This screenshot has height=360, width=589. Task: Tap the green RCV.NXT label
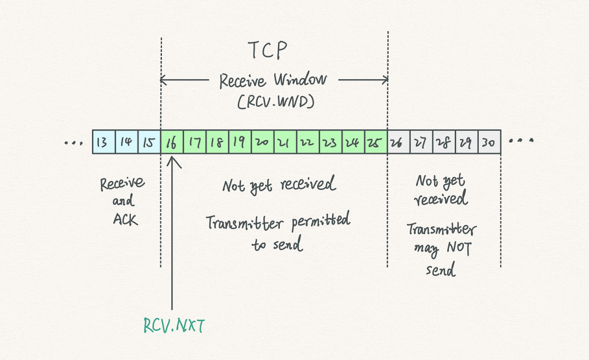point(174,326)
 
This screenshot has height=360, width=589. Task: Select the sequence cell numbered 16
point(172,142)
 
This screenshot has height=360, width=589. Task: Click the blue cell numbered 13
point(104,142)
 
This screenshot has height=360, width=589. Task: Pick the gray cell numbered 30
point(489,142)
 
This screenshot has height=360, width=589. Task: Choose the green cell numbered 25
point(376,142)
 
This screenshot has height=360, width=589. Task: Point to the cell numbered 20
point(262,142)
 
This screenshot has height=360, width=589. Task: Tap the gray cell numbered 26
point(399,142)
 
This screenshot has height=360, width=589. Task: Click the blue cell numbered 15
point(149,142)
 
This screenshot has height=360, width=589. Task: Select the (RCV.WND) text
point(276,102)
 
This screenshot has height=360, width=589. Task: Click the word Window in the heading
point(300,79)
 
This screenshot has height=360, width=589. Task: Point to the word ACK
point(126,219)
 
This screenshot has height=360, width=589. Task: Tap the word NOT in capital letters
point(459,248)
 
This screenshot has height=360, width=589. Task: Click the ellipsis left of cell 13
point(73,143)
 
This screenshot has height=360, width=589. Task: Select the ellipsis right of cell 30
point(521,141)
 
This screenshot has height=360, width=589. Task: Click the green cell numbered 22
point(308,142)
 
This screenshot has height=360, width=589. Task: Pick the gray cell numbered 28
point(444,142)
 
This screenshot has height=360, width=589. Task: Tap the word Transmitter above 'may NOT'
point(442,229)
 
